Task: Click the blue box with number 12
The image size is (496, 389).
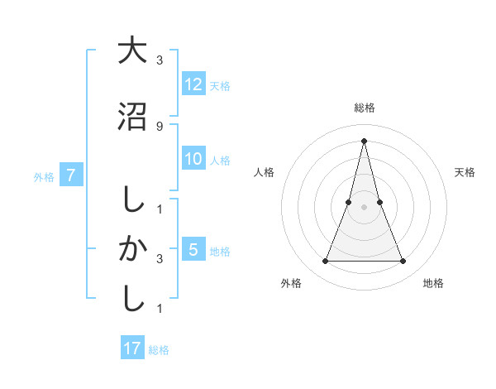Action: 193,84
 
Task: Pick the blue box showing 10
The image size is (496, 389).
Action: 193,160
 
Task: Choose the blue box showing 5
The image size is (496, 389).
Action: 193,249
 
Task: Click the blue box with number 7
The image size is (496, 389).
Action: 72,175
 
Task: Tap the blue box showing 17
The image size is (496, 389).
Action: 132,348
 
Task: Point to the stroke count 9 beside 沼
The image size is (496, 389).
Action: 159,126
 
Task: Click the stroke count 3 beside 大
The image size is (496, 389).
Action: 159,60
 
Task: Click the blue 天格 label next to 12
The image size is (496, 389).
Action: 220,85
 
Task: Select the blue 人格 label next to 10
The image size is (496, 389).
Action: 220,161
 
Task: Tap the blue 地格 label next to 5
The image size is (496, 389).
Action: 220,251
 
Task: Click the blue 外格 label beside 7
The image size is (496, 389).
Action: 44,176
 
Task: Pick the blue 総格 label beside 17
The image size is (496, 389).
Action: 159,350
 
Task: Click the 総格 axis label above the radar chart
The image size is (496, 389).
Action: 365,108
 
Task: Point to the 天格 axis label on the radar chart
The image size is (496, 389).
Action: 465,172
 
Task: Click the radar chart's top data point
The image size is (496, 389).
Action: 365,140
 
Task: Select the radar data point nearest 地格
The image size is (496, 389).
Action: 403,262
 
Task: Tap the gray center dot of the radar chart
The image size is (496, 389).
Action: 365,207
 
